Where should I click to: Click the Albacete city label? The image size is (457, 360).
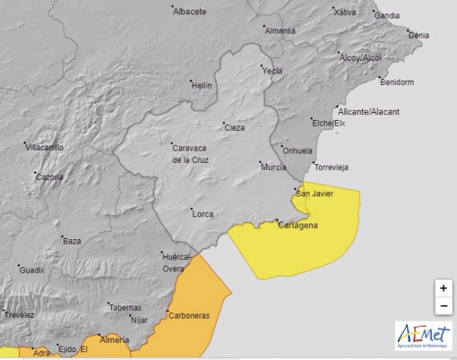pos(190,11)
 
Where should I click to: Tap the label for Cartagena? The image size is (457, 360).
pos(298,225)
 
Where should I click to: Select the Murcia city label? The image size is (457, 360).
pos(273,166)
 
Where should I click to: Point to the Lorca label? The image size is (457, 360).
pos(202,214)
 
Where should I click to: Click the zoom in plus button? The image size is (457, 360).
pos(443,288)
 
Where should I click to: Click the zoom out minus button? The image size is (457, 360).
pos(443,306)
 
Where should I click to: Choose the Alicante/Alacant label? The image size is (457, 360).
pos(368,112)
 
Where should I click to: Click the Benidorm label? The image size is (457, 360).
pos(397,82)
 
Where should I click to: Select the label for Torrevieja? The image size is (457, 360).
pos(331,168)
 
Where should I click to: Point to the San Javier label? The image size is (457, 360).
pos(314,194)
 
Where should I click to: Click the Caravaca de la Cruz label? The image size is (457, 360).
pos(191,154)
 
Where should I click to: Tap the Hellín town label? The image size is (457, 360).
pos(201,86)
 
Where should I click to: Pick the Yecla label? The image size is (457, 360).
pos(272,71)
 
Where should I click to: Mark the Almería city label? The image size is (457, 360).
pos(114,340)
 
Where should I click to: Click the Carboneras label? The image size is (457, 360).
pos(189,315)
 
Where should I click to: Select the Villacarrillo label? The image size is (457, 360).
pos(44,148)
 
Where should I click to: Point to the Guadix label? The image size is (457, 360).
pos(31,270)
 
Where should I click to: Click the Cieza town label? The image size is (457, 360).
pos(235,128)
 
